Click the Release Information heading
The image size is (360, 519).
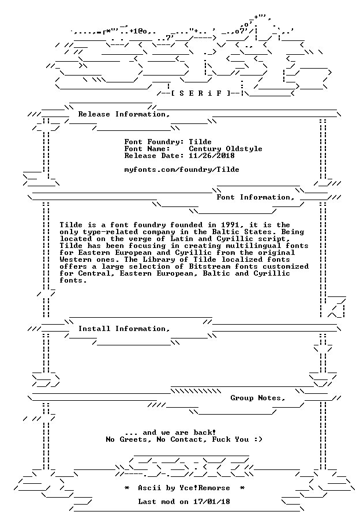pos(124,115)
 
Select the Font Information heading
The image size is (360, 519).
pos(256,198)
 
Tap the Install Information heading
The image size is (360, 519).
pos(124,329)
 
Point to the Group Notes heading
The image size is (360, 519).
pos(258,398)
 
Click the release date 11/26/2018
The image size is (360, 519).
pos(212,156)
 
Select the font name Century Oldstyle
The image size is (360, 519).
pos(226,149)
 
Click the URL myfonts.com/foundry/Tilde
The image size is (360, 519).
pos(182,170)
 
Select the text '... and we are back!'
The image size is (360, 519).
pos(171,432)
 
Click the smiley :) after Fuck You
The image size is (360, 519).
pos(258,440)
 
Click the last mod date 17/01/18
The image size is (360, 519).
pos(212,502)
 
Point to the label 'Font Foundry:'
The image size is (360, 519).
pos(154,142)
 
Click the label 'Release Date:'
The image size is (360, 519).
pos(154,156)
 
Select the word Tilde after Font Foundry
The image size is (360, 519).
pos(200,142)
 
